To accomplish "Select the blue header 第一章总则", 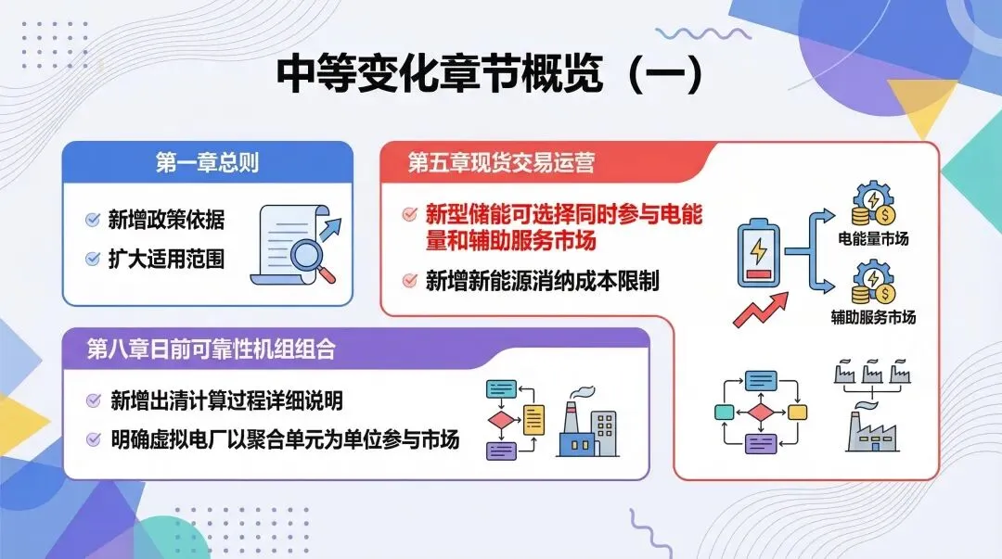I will tap(207, 163).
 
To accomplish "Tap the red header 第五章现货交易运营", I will tap(501, 163).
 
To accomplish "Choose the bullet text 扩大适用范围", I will tap(166, 259).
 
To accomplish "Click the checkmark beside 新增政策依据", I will tap(93, 220).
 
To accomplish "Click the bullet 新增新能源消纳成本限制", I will tap(542, 281).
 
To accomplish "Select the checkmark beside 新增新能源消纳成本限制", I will tap(409, 280).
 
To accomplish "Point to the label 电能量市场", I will tap(873, 239).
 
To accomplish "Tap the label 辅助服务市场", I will tap(873, 317).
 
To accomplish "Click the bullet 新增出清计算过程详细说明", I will tap(226, 400).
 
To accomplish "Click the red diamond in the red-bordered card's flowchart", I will tap(761, 413).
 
